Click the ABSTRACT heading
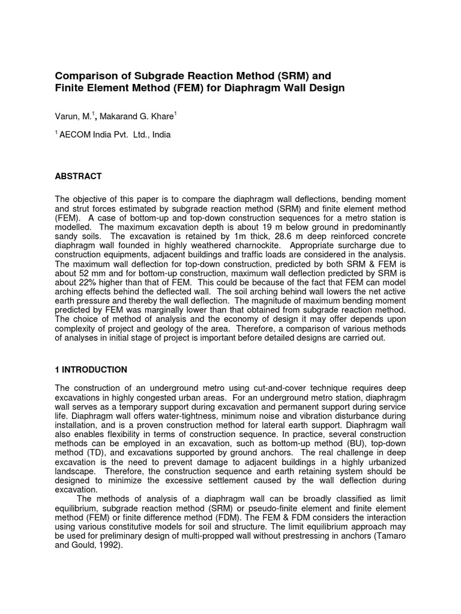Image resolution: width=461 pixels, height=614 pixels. [78, 176]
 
